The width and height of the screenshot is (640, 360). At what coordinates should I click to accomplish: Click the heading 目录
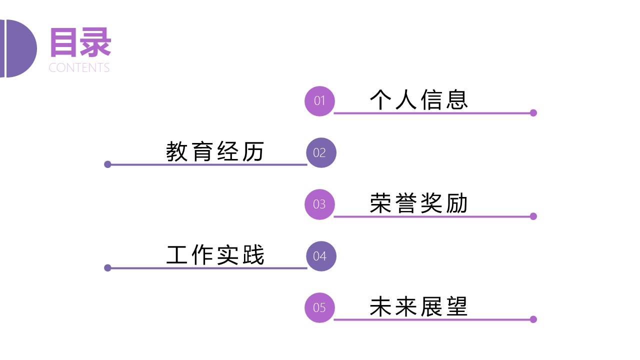80,43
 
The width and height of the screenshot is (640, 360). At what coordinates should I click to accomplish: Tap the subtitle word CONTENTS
79,68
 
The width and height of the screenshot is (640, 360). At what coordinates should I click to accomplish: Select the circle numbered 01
319,101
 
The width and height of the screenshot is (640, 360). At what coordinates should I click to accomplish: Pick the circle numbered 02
321,152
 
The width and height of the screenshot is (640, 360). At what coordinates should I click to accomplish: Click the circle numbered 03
319,204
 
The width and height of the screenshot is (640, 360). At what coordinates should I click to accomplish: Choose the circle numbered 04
321,256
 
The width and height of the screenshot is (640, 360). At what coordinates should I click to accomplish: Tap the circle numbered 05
319,307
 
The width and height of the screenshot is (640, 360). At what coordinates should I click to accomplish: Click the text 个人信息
418,99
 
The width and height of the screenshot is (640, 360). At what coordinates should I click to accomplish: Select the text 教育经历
215,151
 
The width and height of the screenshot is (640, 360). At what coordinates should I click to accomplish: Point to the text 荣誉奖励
418,203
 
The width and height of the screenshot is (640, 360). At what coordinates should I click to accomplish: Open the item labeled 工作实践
215,255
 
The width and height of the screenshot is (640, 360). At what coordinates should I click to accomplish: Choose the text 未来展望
418,306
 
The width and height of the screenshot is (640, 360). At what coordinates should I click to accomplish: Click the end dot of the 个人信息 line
533,113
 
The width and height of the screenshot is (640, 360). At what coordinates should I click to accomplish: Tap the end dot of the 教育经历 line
107,164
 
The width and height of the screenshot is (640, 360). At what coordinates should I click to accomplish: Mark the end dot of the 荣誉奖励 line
533,216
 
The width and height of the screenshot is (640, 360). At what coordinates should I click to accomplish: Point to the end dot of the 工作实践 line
107,268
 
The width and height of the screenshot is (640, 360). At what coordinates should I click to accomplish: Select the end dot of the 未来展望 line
533,319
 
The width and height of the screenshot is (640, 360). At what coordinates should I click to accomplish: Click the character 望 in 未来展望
456,306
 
